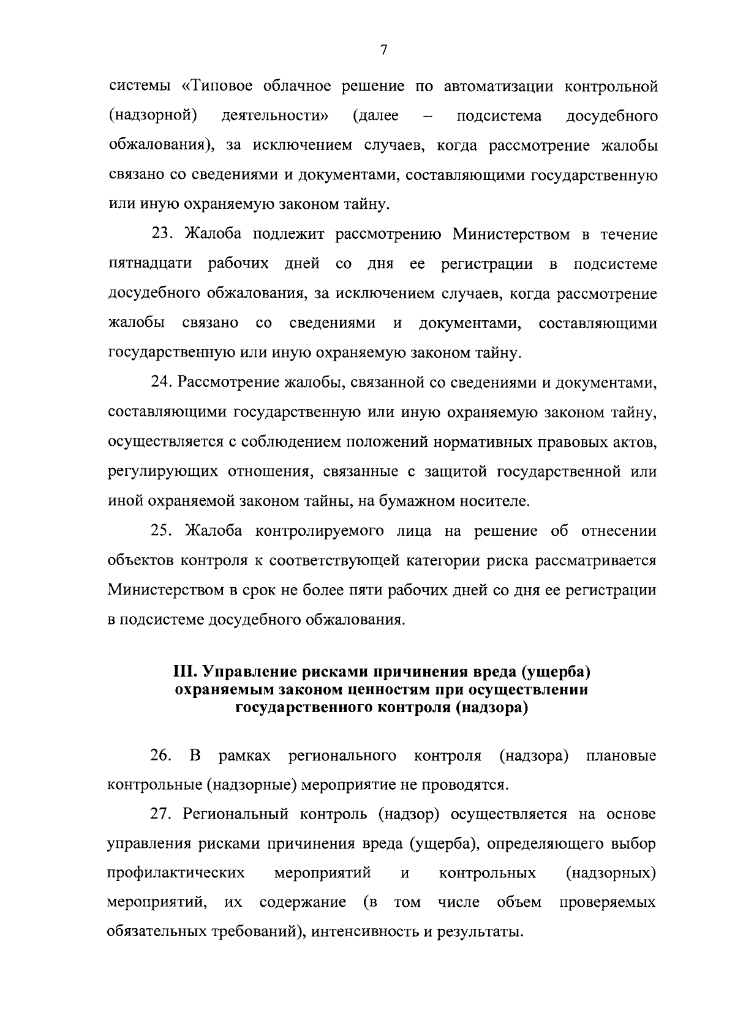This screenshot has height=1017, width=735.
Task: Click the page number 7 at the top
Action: (383, 51)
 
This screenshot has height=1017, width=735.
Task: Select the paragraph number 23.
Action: (164, 234)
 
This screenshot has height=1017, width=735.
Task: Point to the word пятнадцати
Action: (150, 264)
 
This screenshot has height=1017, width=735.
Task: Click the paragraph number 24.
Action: (164, 383)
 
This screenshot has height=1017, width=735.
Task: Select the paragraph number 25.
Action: (164, 531)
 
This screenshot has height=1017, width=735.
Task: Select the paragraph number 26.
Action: (160, 756)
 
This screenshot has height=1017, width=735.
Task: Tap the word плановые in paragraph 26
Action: (620, 756)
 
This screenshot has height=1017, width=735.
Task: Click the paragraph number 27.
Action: (164, 814)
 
